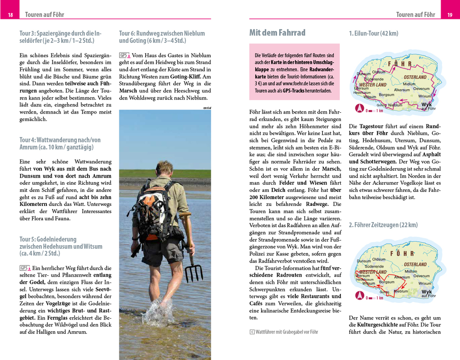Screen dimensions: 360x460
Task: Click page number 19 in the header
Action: pyautogui.click(x=450, y=15)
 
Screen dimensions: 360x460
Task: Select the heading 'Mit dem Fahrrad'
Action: pyautogui.click(x=277, y=32)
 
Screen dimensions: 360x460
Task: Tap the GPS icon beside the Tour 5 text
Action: pyautogui.click(x=24, y=268)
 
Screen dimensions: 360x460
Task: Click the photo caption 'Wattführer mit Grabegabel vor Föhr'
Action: pyautogui.click(x=286, y=332)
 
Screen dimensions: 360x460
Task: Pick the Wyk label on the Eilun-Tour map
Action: pyautogui.click(x=426, y=104)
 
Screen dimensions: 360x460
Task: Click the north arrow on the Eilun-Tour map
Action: pyautogui.click(x=359, y=108)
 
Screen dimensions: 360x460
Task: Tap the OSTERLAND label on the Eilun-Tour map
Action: pyautogui.click(x=415, y=77)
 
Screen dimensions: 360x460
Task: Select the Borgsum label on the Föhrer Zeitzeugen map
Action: pyautogui.click(x=386, y=282)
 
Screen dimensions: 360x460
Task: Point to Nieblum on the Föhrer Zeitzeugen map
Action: pyautogui.click(x=400, y=292)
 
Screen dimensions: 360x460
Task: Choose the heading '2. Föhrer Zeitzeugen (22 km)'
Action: pyautogui.click(x=383, y=224)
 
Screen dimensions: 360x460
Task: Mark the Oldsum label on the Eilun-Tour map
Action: pyautogui.click(x=378, y=72)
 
